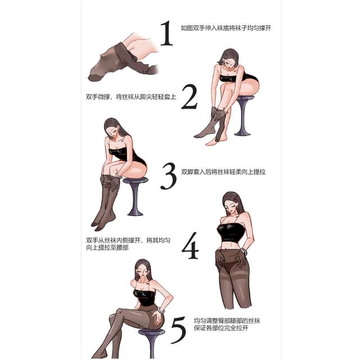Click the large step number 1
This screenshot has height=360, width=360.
point(166,33)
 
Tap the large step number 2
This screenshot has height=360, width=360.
point(190,97)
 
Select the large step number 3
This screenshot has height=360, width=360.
point(169,176)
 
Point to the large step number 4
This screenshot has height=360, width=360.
point(190,246)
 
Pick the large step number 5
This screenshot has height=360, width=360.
point(178,330)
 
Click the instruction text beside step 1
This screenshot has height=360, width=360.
point(226,28)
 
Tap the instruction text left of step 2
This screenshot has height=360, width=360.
point(131,97)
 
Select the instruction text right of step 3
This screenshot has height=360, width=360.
point(223,172)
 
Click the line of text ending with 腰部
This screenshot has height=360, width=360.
point(107,247)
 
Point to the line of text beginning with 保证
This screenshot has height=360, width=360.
point(221,327)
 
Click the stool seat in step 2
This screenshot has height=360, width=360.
point(245,98)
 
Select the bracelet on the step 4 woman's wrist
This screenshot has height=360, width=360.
point(244,251)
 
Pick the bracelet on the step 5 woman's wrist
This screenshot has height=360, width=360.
point(161,310)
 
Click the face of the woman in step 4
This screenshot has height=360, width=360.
point(231,208)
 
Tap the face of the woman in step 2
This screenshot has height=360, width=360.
point(228,62)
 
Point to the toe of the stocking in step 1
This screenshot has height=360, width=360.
point(93,76)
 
